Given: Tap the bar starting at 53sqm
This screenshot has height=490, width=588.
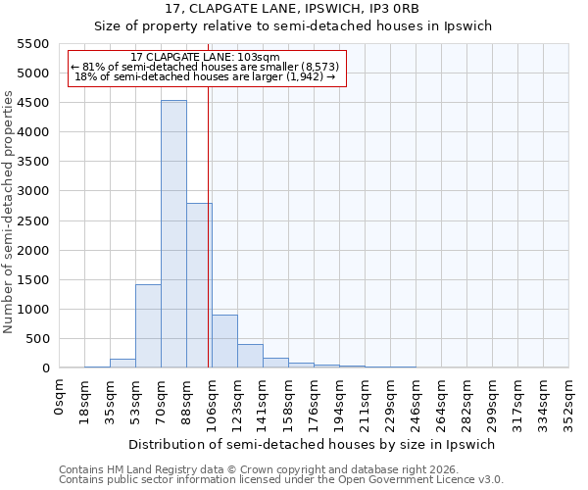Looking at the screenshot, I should (x=148, y=325).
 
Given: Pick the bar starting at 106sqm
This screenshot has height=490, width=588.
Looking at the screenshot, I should (x=224, y=341).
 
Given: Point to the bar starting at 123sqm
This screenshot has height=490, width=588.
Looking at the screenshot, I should (x=250, y=356).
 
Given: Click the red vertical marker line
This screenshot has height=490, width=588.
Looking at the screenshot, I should (x=209, y=225).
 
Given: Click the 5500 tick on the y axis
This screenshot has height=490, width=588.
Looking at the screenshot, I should (x=33, y=44).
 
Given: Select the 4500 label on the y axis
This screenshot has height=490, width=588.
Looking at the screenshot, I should (x=33, y=103).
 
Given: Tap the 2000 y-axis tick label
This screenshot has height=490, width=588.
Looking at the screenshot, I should (x=33, y=250).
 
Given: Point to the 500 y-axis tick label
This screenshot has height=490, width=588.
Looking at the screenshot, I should (x=37, y=339).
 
